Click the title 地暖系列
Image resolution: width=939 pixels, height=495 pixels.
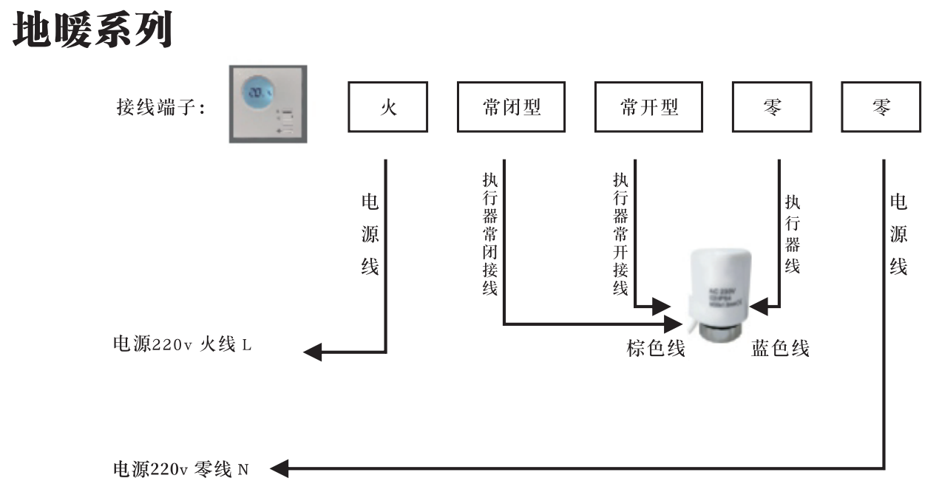pos(93,30)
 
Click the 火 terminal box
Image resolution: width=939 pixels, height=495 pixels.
pos(387,107)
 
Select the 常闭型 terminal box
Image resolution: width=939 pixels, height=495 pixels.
pos(511,107)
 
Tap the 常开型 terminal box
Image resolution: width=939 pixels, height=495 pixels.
pos(648,107)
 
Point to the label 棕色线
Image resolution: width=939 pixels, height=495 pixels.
pos(656,348)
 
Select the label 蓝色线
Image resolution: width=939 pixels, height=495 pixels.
pos(780,348)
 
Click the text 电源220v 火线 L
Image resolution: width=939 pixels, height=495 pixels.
pos(182,344)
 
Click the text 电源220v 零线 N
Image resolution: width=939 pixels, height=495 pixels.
pos(180,468)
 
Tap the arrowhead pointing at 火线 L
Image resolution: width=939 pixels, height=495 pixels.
pos(313,352)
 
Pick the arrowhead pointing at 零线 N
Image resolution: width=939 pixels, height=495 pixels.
pos(280,468)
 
